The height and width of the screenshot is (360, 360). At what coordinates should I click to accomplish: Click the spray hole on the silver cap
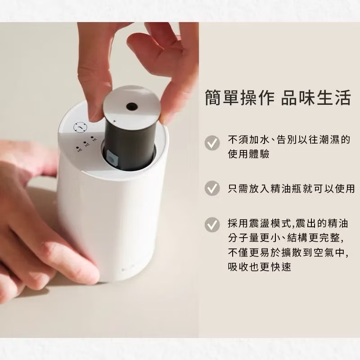pos(132,106)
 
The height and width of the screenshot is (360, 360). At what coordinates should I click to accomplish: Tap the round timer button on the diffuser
pos(80,127)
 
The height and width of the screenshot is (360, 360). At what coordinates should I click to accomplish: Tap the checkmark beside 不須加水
pos(212,143)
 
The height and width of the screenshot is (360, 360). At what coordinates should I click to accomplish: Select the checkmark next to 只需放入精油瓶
pos(212,188)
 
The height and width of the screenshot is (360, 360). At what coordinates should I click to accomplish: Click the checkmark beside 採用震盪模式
pos(212,224)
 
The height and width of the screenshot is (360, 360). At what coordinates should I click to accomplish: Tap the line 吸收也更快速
pos(260,267)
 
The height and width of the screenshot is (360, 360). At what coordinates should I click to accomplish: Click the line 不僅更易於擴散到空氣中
pos(288,252)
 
